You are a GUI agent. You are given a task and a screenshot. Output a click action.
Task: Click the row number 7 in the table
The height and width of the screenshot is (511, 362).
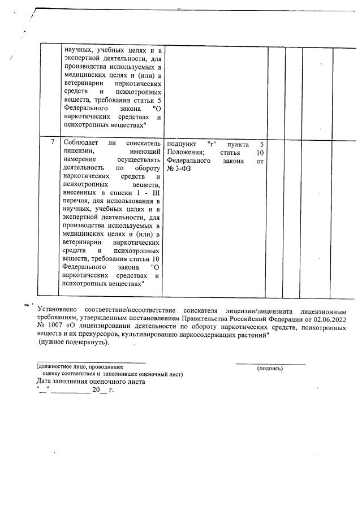(x=51, y=142)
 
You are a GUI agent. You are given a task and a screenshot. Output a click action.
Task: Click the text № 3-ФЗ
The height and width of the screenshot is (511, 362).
(x=179, y=168)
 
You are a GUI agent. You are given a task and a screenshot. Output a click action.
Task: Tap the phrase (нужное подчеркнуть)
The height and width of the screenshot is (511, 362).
(x=73, y=342)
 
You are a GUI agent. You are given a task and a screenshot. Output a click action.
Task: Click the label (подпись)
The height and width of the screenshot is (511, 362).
(x=270, y=368)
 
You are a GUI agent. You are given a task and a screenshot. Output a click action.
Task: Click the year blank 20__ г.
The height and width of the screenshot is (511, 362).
(x=102, y=390)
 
